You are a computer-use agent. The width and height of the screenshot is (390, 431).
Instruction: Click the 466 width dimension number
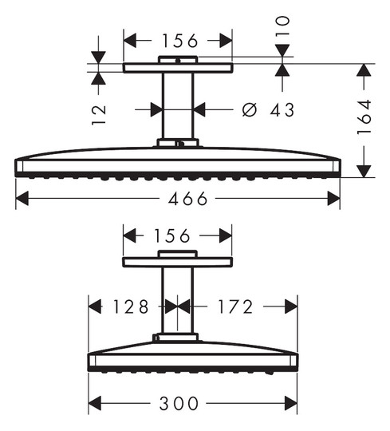(188, 199)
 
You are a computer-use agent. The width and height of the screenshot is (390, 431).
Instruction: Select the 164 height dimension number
(364, 117)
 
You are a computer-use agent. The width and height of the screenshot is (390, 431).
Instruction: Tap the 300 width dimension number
(179, 404)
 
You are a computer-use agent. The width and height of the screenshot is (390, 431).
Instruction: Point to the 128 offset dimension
(131, 306)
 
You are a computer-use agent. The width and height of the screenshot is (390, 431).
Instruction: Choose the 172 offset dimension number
(235, 306)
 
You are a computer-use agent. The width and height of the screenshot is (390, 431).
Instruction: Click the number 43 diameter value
(282, 109)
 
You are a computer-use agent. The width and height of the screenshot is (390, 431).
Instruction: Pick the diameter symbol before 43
(250, 109)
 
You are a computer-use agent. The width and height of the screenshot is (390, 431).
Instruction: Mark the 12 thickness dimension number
(99, 115)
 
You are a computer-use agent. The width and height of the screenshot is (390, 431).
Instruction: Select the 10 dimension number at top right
(283, 26)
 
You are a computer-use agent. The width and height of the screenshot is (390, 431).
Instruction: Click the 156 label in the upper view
(180, 41)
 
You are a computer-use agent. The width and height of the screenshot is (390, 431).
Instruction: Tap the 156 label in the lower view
(172, 235)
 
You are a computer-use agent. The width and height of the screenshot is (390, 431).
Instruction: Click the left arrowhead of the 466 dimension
(22, 199)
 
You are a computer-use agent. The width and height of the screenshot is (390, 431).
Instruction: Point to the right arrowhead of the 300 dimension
(291, 403)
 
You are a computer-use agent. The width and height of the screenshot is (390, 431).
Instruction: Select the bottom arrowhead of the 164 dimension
(364, 172)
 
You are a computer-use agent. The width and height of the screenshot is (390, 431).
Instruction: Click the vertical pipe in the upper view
(178, 106)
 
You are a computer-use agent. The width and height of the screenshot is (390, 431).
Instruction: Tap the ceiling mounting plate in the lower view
(177, 262)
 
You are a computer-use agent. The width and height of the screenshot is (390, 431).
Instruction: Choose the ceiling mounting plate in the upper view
(178, 68)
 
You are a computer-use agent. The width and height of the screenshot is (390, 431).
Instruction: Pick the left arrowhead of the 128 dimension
(95, 306)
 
